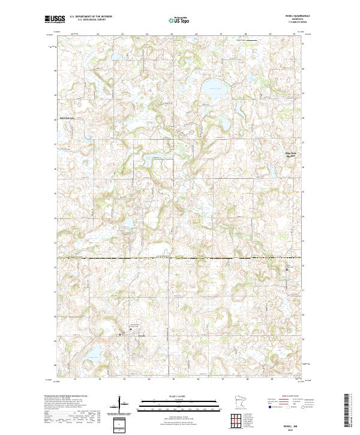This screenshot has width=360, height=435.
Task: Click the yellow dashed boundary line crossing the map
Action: [x=180, y=259]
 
